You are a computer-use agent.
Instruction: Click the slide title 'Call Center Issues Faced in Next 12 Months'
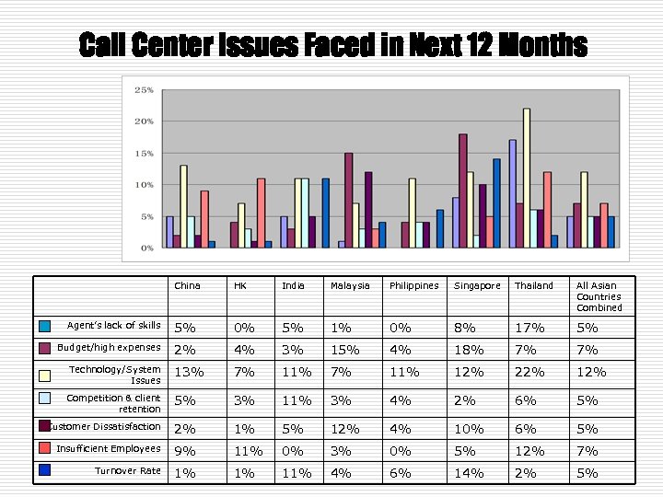click(332, 44)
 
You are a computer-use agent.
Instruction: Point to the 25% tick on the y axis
click(144, 90)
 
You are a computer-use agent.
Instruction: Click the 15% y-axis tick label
click(144, 154)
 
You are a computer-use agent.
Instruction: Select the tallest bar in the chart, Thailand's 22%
click(527, 178)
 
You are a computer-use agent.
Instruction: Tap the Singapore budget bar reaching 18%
click(462, 191)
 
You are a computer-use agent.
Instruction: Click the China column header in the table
click(187, 285)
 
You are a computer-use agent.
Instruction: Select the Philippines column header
click(413, 285)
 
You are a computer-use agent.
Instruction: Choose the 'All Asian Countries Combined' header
click(599, 296)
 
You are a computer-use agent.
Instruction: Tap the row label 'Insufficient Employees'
click(108, 448)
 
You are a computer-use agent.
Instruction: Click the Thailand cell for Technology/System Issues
click(529, 372)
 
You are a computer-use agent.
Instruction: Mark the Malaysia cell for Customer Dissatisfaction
click(343, 429)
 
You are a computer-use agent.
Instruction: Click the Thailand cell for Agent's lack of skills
click(529, 328)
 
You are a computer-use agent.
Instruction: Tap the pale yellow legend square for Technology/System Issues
click(44, 374)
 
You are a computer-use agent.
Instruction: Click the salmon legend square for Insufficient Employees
click(44, 448)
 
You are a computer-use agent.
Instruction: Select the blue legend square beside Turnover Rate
click(44, 470)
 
